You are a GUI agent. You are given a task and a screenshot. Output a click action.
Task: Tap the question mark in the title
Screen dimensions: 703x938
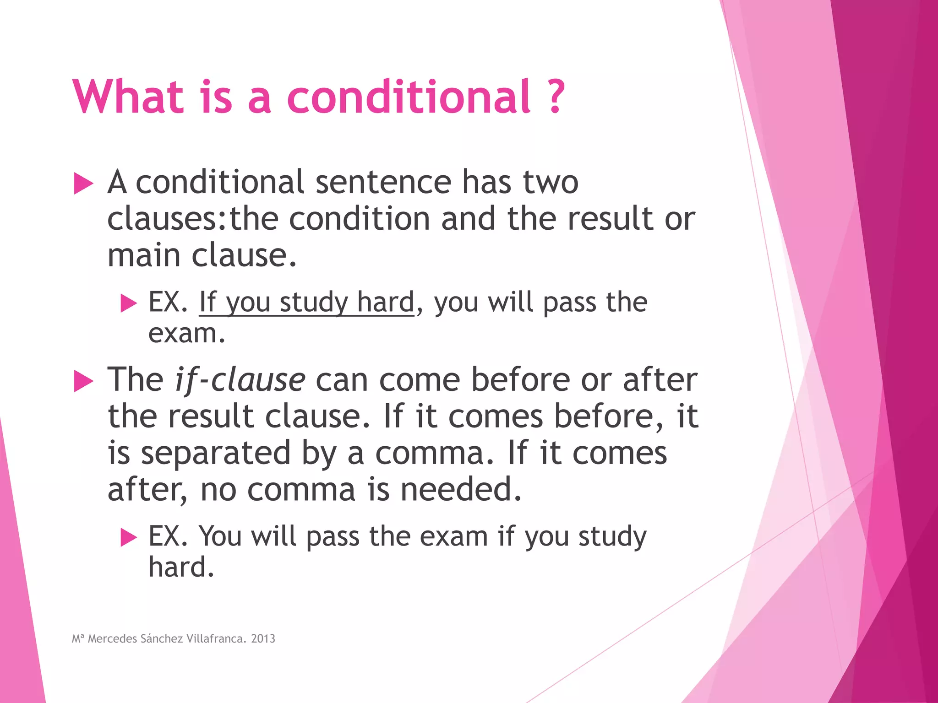click(x=556, y=97)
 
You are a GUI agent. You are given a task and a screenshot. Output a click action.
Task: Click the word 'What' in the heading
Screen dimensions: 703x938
click(x=128, y=97)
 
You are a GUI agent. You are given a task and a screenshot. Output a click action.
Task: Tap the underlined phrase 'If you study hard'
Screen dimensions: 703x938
click(x=306, y=303)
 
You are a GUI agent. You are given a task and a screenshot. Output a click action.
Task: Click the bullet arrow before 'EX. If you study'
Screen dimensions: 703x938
click(x=129, y=303)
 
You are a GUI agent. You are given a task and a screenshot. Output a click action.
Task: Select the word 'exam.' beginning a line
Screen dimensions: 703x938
click(x=187, y=333)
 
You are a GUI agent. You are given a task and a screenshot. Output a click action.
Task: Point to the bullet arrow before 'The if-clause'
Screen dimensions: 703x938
click(x=83, y=381)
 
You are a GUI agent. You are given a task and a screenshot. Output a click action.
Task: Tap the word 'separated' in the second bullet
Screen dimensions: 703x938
click(x=215, y=453)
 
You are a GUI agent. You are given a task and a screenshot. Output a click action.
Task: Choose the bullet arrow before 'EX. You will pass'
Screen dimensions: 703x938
click(x=129, y=537)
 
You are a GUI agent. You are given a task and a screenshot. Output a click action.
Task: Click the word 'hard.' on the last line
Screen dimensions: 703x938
click(x=181, y=568)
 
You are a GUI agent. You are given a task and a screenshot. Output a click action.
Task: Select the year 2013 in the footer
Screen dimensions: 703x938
click(x=263, y=638)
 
